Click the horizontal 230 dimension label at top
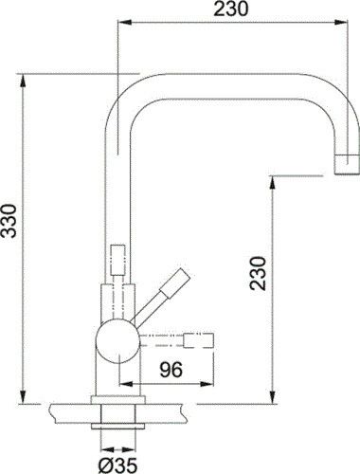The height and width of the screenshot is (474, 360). point(231,9)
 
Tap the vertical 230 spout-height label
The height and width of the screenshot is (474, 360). point(258,273)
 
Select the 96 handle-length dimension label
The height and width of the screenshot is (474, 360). point(171,370)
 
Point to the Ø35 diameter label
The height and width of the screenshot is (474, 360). point(117,465)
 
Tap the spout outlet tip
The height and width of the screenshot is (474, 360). point(348,165)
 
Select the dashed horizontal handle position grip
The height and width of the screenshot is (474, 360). point(199,340)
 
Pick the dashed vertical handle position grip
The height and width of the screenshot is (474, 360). point(117,260)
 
